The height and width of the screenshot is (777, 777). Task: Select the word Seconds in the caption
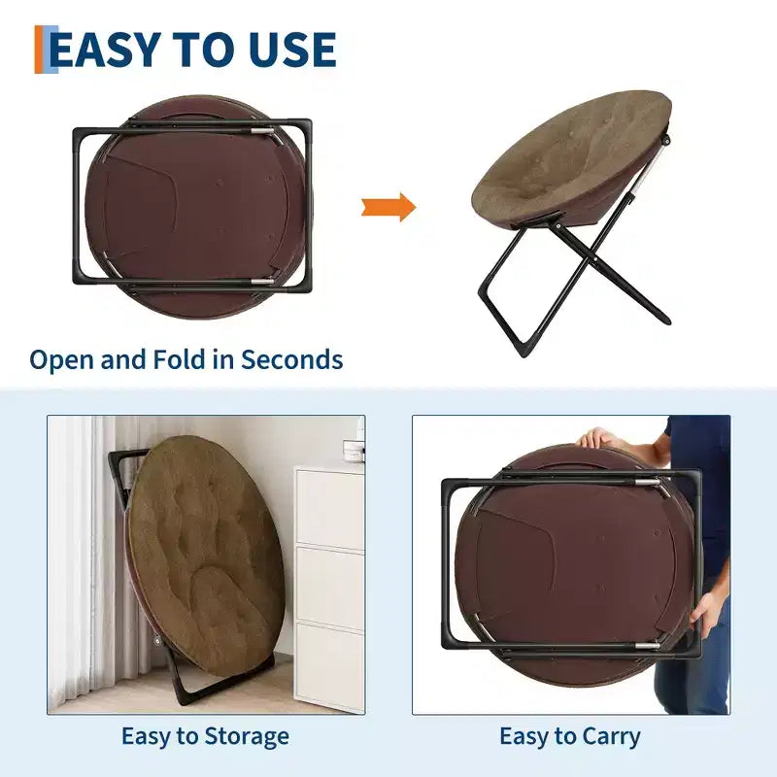292,359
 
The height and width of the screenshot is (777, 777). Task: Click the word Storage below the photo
247,737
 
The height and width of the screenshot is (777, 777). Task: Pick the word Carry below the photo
611,737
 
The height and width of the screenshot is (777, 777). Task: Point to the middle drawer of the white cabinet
330,584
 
